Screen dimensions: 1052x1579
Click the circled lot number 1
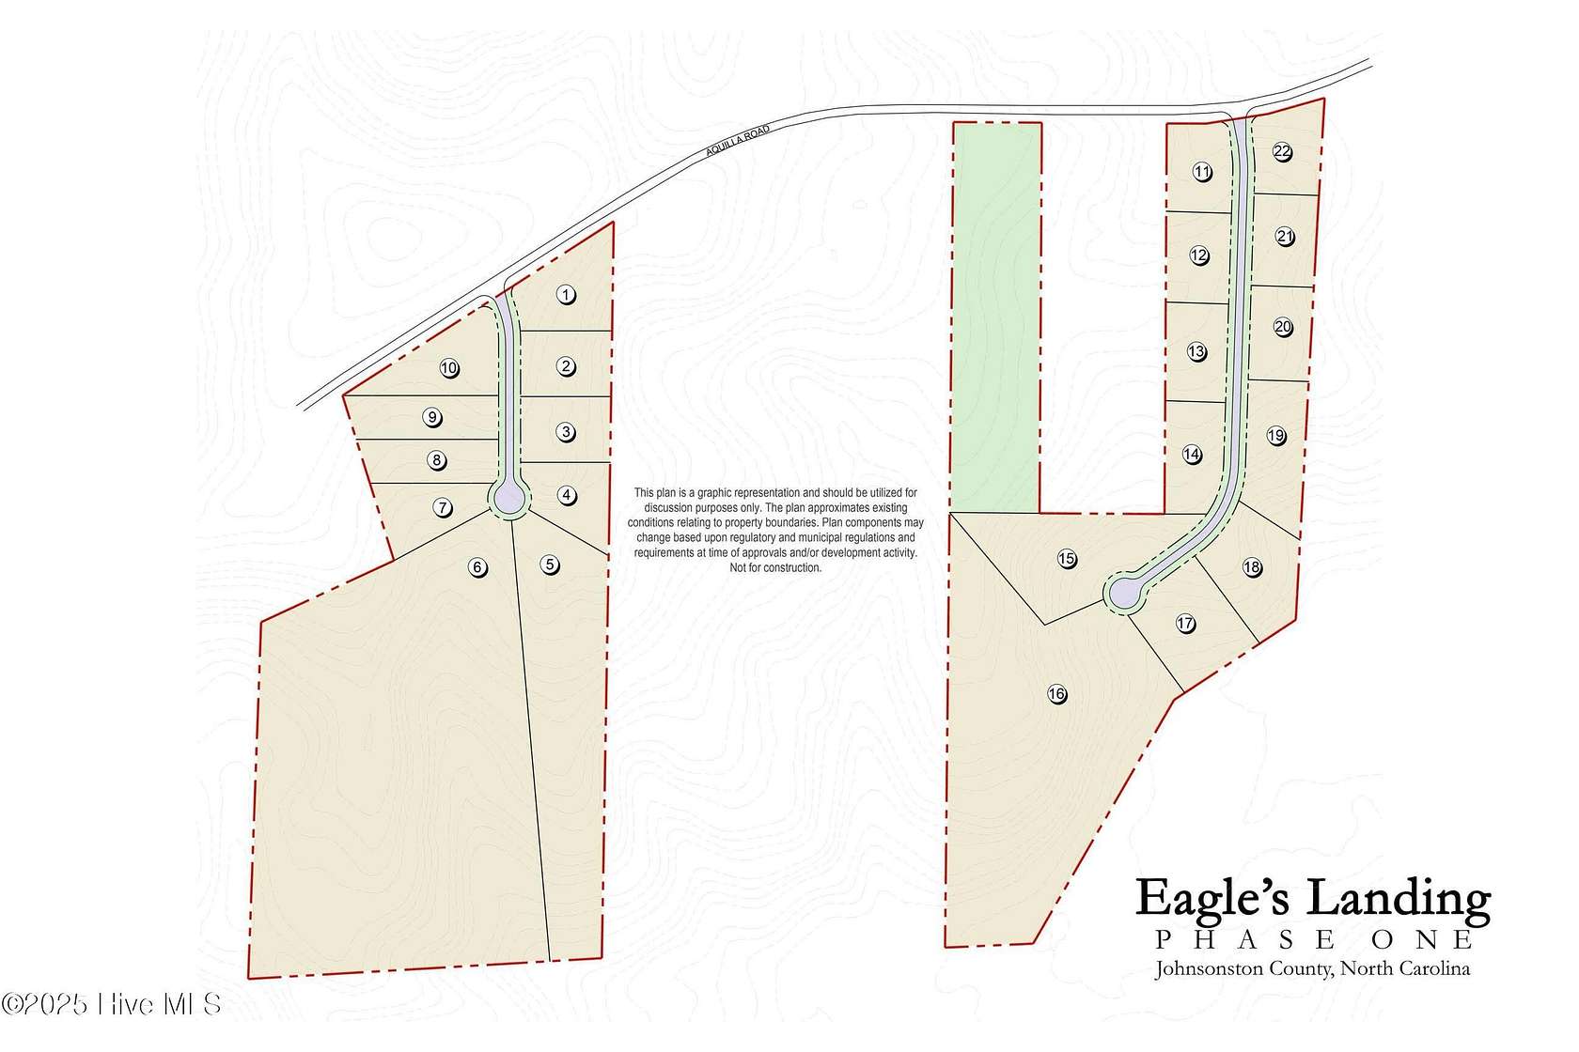coord(566,295)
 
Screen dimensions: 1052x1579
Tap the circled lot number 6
coord(478,566)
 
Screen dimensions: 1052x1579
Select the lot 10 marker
coord(449,368)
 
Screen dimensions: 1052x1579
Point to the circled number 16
coord(1057,694)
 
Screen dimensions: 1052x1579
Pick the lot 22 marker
coord(1282,152)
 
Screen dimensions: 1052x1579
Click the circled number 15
coord(1067,559)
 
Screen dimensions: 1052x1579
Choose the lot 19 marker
coord(1275,435)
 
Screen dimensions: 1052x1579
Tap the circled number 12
coord(1199,255)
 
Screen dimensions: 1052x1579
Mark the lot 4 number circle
coord(567,495)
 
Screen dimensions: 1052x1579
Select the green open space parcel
coord(996,319)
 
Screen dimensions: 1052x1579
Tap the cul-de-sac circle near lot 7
coord(509,497)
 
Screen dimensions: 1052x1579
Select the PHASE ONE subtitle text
coord(1314,940)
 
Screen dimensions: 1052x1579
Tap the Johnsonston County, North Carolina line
coord(1312,968)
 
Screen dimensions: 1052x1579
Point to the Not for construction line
coord(775,567)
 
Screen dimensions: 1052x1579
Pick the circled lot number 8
coord(436,460)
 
